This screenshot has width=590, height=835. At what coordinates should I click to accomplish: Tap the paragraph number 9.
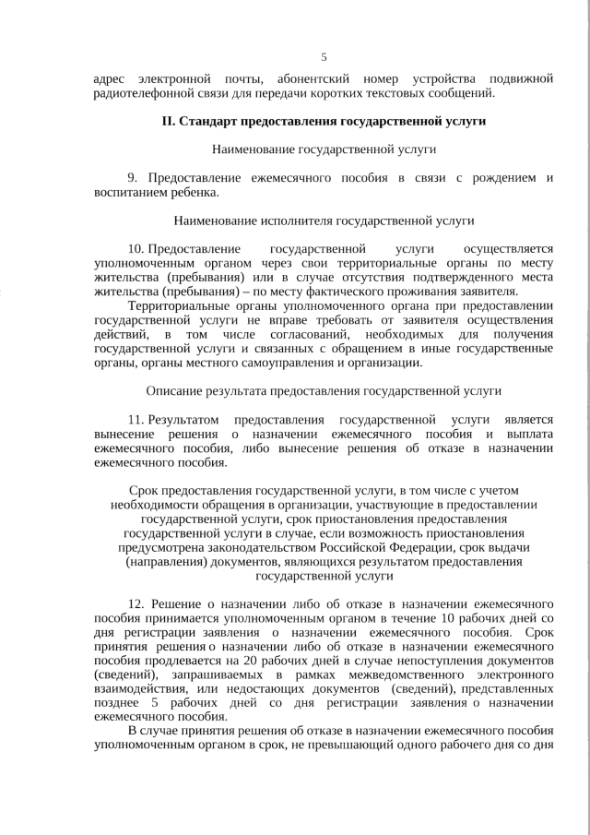pos(132,177)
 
